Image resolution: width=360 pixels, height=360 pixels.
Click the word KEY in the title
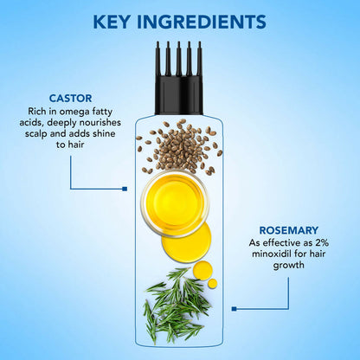pyautogui.click(x=112, y=22)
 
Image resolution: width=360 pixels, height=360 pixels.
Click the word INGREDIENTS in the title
pyautogui.click(x=202, y=22)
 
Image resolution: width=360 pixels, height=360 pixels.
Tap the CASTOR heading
pyautogui.click(x=70, y=99)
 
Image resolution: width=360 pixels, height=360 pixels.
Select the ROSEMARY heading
pyautogui.click(x=289, y=230)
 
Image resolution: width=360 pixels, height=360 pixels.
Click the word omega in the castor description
pyautogui.click(x=74, y=112)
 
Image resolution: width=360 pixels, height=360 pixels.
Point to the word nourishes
pyautogui.click(x=100, y=122)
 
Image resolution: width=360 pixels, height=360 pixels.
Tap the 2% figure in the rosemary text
pyautogui.click(x=322, y=242)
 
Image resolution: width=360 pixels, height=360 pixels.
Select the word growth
pyautogui.click(x=289, y=266)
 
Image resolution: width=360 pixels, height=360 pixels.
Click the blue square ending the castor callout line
pyautogui.click(x=125, y=189)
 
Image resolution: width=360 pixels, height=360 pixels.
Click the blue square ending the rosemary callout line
pyautogui.click(x=234, y=309)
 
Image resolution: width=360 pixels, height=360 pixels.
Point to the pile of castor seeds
pyautogui.click(x=179, y=147)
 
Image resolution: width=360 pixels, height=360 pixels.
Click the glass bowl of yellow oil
pyautogui.click(x=175, y=203)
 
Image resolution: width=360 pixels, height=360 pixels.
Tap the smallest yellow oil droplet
pyautogui.click(x=213, y=283)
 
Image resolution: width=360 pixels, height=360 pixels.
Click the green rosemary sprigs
pyautogui.click(x=177, y=305)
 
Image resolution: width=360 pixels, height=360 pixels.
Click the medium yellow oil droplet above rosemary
pyautogui.click(x=202, y=270)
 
